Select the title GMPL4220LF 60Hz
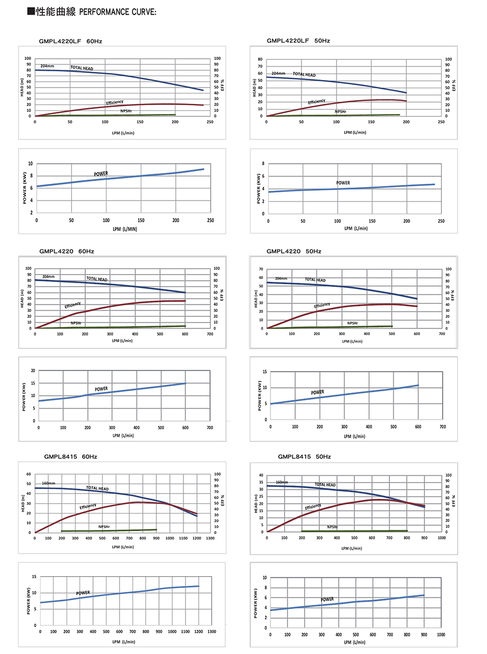(71, 41)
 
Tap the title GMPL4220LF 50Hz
(298, 41)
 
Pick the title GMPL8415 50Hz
(304, 457)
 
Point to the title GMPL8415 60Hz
(71, 457)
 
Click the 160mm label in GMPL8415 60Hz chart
(49, 483)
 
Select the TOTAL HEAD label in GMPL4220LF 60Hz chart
(82, 68)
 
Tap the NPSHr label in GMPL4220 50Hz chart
(353, 323)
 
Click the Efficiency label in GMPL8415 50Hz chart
(313, 507)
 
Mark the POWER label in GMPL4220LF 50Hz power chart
(343, 183)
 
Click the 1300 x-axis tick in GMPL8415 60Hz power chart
(212, 631)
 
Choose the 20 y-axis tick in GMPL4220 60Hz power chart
(33, 371)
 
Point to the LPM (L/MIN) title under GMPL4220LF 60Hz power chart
(125, 229)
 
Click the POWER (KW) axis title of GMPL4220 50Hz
(260, 395)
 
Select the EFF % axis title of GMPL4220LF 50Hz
(455, 85)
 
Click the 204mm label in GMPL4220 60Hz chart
(48, 277)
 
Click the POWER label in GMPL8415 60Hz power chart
(83, 593)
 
